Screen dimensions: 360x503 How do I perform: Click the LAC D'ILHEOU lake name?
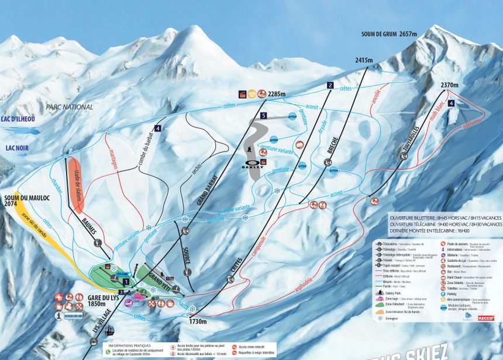pyautogui.click(x=18, y=119)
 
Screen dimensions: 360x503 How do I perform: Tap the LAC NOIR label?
pyautogui.click(x=14, y=148)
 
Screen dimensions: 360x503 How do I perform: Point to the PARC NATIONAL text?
pyautogui.click(x=69, y=107)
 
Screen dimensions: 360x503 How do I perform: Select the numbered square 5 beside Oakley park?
pyautogui.click(x=264, y=116)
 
